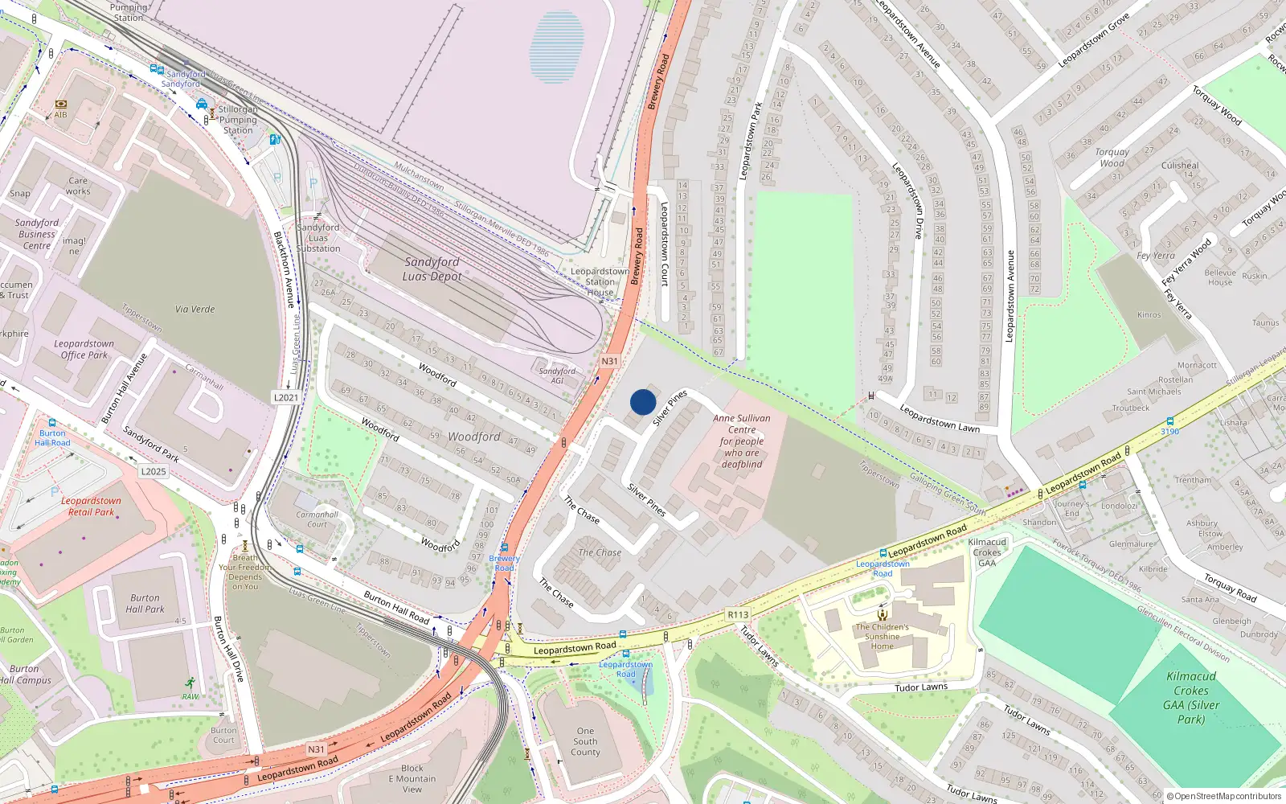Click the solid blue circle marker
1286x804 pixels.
coord(643,402)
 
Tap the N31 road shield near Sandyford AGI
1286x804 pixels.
coord(610,361)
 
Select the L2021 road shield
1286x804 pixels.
coord(286,397)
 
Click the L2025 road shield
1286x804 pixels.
coord(153,471)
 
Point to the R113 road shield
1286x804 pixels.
coord(738,615)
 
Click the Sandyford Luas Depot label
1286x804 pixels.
coord(432,269)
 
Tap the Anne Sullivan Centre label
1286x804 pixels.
coord(741,441)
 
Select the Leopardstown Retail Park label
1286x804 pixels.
coord(92,507)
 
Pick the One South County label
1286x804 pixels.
coord(585,742)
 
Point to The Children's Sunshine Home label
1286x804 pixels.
coord(882,637)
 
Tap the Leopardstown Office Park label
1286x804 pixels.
coord(84,350)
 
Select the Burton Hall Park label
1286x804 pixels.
coord(145,604)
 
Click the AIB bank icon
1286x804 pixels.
coord(61,104)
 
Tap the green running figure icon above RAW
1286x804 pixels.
coord(190,683)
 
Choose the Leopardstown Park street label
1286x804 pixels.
coord(751,142)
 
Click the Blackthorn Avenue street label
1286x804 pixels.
coord(285,269)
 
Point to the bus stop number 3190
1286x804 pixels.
coord(1169,432)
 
